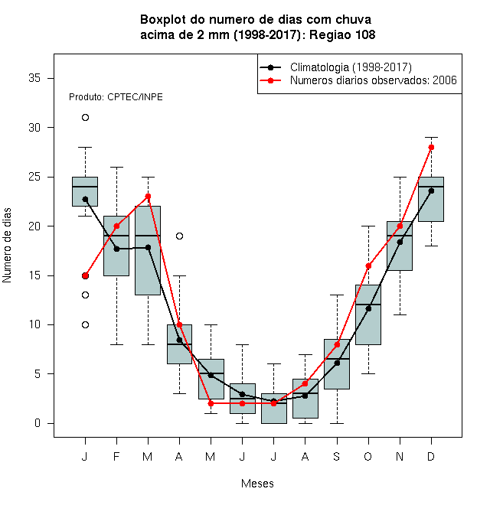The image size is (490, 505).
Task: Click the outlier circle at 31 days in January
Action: [x=85, y=118]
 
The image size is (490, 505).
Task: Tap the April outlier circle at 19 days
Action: [x=180, y=236]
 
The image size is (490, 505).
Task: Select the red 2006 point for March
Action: [x=148, y=196]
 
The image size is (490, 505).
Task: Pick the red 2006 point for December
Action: [x=431, y=147]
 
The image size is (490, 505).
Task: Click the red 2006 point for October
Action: [x=368, y=266]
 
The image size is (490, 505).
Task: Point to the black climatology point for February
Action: [x=116, y=249]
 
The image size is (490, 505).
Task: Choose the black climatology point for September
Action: [x=337, y=363]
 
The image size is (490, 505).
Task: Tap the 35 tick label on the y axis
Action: [x=34, y=78]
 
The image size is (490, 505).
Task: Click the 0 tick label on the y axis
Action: [x=38, y=423]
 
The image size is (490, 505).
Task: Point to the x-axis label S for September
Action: [x=337, y=456]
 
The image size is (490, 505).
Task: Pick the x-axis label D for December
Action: [x=431, y=456]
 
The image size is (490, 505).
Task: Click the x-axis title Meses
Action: [x=257, y=484]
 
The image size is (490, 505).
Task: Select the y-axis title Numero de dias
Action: [x=7, y=246]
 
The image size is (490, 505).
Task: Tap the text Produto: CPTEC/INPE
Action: [x=116, y=97]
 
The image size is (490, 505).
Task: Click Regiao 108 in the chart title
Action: [x=342, y=34]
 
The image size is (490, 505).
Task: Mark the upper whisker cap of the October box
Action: [x=368, y=226]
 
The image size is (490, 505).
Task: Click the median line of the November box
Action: [x=400, y=236]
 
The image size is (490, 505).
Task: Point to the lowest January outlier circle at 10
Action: [x=85, y=324]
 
